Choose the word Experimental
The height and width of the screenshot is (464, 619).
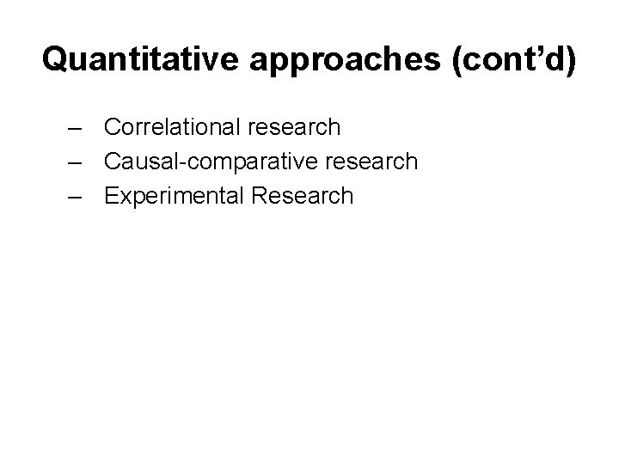tap(174, 197)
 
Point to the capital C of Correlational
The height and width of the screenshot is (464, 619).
tap(113, 127)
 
